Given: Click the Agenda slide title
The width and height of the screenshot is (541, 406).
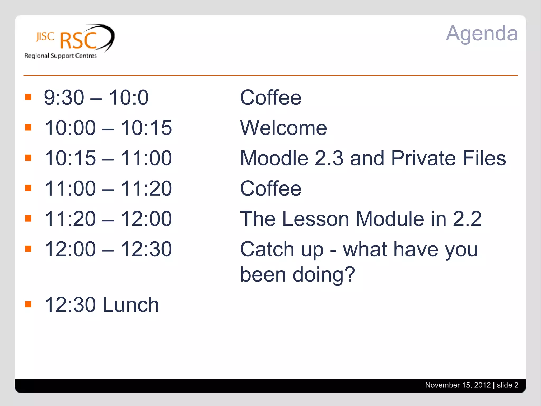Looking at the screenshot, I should pos(482,34).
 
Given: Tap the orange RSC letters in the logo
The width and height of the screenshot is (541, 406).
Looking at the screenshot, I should pos(78,41).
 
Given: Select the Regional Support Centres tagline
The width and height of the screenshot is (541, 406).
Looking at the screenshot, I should pos(60,56).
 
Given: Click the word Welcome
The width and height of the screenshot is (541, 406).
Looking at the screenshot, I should pos(283,128).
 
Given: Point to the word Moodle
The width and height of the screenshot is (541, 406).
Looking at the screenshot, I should pos(274,158).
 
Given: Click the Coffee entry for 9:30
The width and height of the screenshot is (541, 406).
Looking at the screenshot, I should pos(270,98).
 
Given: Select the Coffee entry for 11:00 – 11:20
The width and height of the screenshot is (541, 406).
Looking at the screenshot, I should pos(270,188).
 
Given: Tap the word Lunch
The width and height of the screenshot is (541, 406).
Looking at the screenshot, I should pos(130,305).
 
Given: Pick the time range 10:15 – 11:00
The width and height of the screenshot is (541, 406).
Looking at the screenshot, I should pos(108,158).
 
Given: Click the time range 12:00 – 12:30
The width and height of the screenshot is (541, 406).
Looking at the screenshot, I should pos(108,249).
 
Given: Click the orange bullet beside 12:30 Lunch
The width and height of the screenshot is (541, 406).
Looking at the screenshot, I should pos(28,304).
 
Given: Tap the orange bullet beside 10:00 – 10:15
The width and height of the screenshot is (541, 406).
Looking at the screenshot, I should pos(28,128).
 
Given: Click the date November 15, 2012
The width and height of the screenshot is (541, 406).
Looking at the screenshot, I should pos(458,385).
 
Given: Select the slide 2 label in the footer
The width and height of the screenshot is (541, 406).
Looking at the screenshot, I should pos(507,385).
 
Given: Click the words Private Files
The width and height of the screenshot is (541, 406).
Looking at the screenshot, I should pos(448,158).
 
